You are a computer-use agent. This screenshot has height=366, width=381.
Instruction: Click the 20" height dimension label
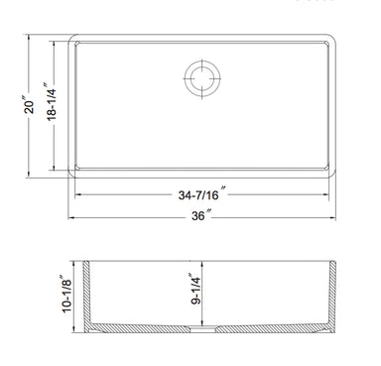coord(29,105)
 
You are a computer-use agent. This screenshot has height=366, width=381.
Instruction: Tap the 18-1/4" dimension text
coord(52,102)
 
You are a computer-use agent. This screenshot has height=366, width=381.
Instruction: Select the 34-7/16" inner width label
coord(201,194)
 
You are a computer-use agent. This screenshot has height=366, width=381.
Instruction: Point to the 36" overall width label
coord(200,215)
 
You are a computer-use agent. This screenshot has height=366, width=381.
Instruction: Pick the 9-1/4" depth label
coord(195,289)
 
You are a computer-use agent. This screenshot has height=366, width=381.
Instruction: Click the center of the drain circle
coord(202,78)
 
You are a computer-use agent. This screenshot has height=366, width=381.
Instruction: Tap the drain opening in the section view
coord(202,328)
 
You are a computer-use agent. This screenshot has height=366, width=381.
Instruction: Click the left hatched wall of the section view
coord(86,295)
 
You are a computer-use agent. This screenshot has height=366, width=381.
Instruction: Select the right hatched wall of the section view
coord(332,295)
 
